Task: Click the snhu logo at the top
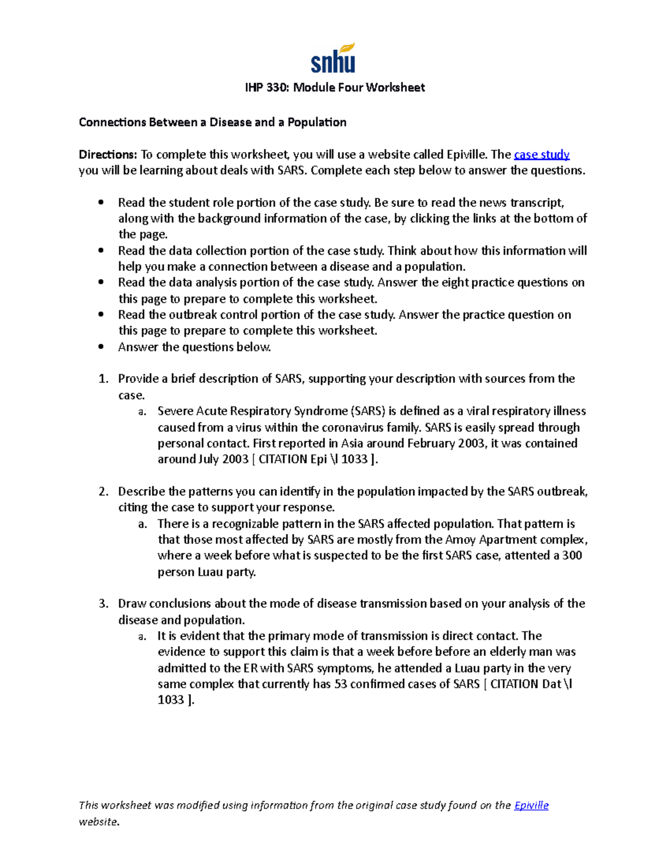point(333,59)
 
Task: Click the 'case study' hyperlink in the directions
point(541,155)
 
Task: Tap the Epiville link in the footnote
point(531,805)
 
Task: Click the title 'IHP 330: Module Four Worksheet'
point(335,88)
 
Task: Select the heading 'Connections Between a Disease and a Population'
point(212,122)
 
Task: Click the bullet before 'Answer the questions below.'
point(101,347)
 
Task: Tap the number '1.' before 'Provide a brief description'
point(103,379)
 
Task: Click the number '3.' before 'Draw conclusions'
point(103,604)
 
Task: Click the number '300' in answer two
point(572,556)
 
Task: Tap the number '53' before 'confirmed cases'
point(341,684)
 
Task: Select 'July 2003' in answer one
point(223,459)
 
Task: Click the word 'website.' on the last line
point(99,822)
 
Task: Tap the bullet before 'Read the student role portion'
point(101,203)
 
